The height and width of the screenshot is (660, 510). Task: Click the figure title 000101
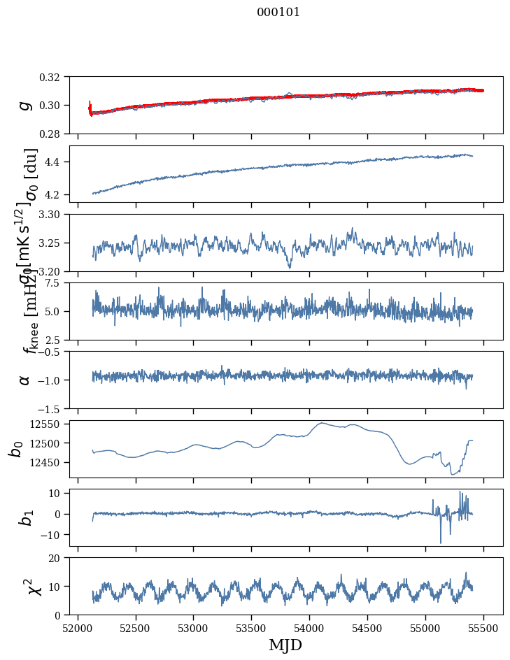coord(278,13)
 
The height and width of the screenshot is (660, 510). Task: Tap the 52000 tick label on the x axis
coord(78,626)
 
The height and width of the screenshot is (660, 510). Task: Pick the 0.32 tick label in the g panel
coord(55,77)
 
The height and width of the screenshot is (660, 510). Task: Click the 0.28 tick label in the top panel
coord(55,134)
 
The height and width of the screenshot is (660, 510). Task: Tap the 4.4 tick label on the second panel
coord(58,162)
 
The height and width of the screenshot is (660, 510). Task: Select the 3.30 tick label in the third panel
coord(55,214)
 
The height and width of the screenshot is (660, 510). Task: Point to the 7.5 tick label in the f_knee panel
coord(58,283)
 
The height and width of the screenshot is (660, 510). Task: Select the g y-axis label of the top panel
coord(25,105)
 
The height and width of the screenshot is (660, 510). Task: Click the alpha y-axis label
coord(25,380)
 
